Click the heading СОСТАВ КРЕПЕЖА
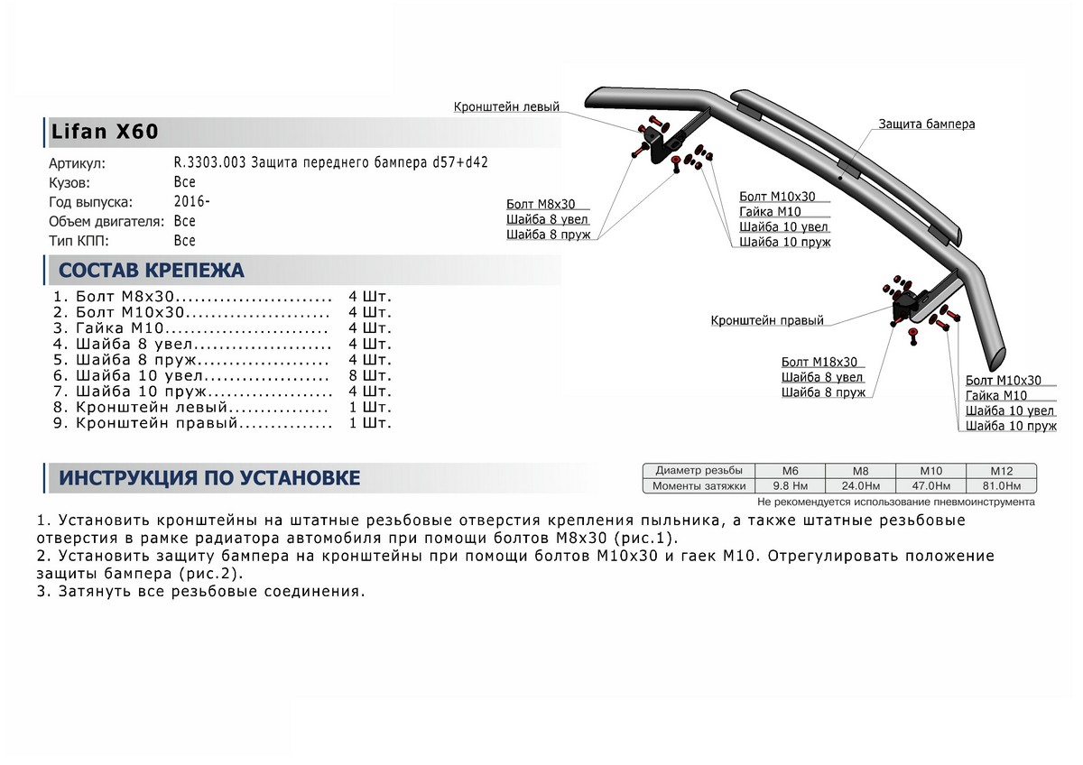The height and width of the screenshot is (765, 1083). coord(151,271)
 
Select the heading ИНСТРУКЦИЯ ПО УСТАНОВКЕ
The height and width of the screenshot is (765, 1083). coord(209,478)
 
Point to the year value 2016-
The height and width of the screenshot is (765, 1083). coord(191,202)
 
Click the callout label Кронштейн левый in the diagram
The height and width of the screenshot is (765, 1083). coord(506,107)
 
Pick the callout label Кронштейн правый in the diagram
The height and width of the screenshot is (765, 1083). coord(766,320)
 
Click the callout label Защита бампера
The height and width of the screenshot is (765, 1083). coord(926,124)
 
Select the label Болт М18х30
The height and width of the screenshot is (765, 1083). coord(819,362)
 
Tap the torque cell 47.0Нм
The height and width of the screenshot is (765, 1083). coord(930,486)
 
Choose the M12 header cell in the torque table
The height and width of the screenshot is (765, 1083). coord(1001,471)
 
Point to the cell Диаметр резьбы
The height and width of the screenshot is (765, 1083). coord(699,471)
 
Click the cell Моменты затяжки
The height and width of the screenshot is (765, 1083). coord(699,486)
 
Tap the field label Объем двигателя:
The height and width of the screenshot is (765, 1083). coord(106,221)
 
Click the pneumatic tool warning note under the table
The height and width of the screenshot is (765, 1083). coord(895,502)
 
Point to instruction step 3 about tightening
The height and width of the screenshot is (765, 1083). coord(200,593)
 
